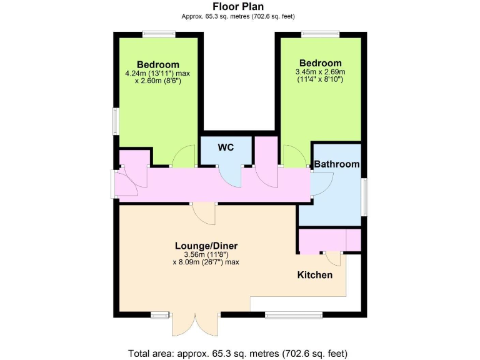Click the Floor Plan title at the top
[x=239, y=7]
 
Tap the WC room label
[x=226, y=147]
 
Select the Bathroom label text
[x=337, y=164]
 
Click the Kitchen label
[x=314, y=275]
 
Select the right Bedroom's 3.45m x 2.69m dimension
[x=320, y=72]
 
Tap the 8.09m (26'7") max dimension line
[x=206, y=262]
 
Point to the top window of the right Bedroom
[x=320, y=34]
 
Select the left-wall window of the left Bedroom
[x=115, y=120]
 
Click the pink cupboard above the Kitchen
[x=329, y=240]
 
